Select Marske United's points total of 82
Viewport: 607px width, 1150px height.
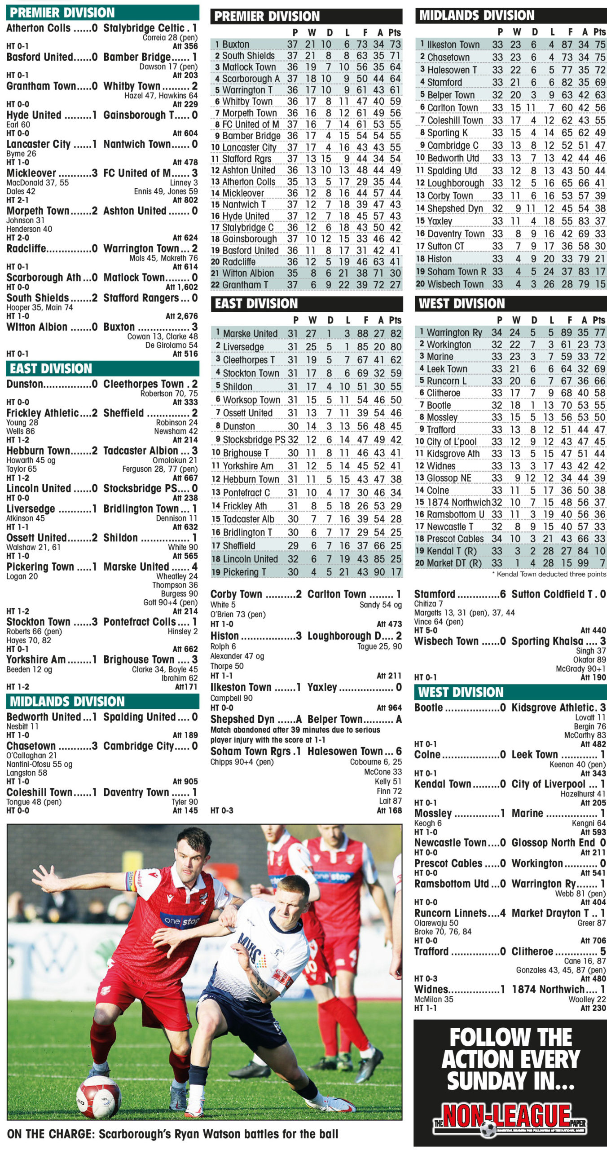click(x=395, y=333)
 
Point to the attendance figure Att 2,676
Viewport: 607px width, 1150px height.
click(x=181, y=316)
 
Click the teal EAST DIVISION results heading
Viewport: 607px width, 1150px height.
click(x=51, y=369)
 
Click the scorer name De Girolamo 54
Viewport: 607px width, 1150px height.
click(x=171, y=345)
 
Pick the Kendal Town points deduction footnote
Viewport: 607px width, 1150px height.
click(x=549, y=574)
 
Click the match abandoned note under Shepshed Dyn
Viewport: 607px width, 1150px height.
click(x=295, y=734)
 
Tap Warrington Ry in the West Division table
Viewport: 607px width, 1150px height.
click(x=454, y=332)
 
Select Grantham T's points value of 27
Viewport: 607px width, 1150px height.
click(x=395, y=285)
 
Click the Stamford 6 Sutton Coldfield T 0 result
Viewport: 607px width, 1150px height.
click(x=510, y=594)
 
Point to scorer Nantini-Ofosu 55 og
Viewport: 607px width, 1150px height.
click(x=39, y=764)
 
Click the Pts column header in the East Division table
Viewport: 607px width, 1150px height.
click(x=395, y=320)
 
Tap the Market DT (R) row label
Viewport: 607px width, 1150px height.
click(x=453, y=563)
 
